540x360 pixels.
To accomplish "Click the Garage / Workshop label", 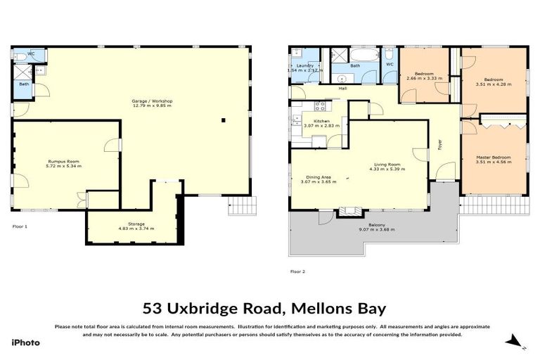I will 152,101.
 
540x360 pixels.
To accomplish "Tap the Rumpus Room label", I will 63,161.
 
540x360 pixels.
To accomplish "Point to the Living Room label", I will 387,165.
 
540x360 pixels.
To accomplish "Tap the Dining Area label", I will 319,176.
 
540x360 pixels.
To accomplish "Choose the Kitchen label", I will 321,121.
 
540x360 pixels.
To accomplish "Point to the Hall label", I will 342,89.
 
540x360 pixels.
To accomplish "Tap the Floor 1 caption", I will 20,227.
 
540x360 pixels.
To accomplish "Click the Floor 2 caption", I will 297,271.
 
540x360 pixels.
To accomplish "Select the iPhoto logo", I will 25,342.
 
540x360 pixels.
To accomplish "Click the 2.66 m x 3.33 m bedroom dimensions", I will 423,78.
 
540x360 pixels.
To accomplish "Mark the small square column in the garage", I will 224,120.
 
